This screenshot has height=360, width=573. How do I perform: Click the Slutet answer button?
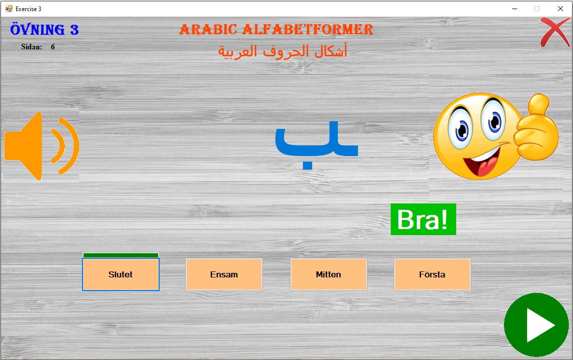coord(121,274)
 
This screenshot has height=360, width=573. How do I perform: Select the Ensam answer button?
coord(224,274)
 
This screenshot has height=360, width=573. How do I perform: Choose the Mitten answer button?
coord(328,274)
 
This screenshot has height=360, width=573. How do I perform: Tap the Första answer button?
coord(433,274)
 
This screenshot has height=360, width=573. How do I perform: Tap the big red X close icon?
coord(555,33)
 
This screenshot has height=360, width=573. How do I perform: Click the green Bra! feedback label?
coord(423,220)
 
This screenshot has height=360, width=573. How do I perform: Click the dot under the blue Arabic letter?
coord(307,165)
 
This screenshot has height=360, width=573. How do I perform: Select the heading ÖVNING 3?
coord(44,30)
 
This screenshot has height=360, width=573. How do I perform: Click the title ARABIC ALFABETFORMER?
coord(276,30)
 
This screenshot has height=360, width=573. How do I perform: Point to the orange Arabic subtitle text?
coord(282,51)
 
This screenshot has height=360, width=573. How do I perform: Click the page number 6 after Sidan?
coord(53,47)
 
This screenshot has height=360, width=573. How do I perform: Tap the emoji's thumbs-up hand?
coord(536,128)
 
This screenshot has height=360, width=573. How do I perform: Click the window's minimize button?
coord(515,9)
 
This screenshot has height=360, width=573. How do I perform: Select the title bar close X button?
coord(560,9)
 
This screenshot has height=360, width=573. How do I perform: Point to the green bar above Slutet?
coord(121,255)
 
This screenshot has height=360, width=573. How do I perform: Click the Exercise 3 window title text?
coord(29,9)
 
